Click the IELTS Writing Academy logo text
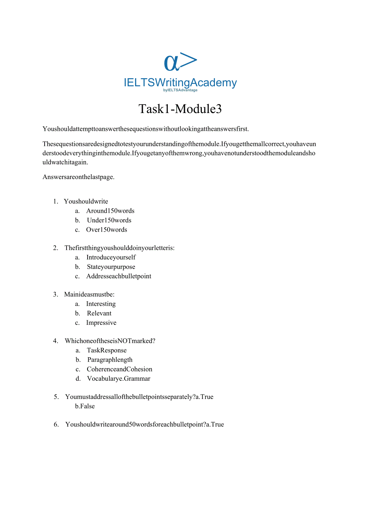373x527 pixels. (x=180, y=83)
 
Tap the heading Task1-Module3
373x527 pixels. (x=180, y=109)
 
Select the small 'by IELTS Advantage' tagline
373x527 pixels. (x=180, y=90)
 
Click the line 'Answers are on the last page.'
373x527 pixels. (x=78, y=177)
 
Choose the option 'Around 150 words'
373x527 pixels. (x=110, y=211)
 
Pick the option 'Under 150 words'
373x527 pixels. (x=109, y=220)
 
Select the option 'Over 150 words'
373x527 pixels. (x=107, y=230)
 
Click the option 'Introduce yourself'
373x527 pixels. (x=111, y=257)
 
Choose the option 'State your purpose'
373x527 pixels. (x=111, y=267)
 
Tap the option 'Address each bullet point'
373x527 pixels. (x=119, y=276)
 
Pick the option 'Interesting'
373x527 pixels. (x=101, y=304)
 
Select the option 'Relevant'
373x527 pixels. (x=99, y=313)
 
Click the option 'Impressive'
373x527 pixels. (x=101, y=323)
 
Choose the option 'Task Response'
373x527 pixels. (x=107, y=350)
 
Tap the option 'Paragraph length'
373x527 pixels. (x=110, y=360)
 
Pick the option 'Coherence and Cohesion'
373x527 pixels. (x=120, y=369)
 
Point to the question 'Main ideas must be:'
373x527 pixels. (x=89, y=294)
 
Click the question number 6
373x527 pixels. (x=56, y=425)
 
